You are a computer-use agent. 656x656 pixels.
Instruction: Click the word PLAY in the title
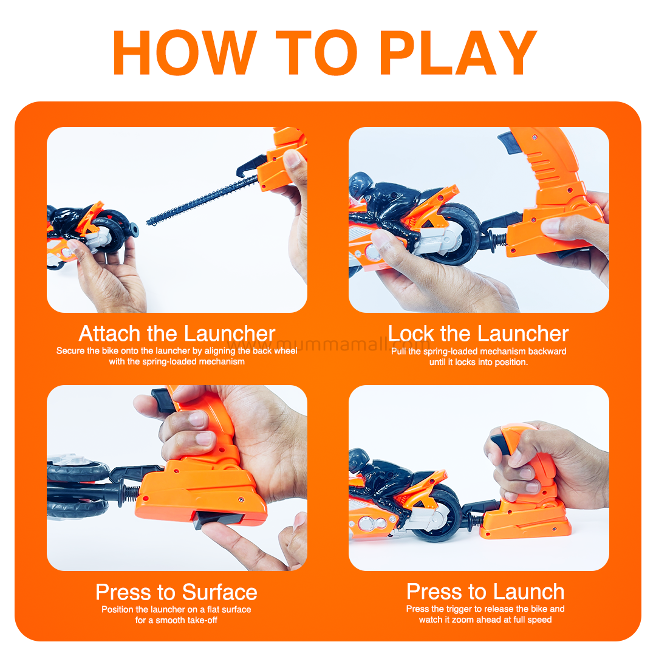point(458,53)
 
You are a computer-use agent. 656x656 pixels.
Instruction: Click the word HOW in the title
point(185,53)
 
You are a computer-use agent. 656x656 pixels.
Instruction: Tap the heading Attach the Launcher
point(177,333)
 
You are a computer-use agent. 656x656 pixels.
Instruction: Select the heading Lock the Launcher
point(478,333)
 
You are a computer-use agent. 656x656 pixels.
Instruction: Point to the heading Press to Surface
point(176,592)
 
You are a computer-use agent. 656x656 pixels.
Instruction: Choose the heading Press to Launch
point(485,592)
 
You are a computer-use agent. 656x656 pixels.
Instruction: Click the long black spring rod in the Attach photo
point(202,200)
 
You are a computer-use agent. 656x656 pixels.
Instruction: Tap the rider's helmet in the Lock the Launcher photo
point(360,185)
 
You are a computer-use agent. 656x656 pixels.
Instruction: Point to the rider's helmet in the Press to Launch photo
point(358,460)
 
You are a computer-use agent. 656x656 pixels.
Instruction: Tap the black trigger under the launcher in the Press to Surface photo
point(218,519)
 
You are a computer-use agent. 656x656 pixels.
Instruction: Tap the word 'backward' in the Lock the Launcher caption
point(547,351)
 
